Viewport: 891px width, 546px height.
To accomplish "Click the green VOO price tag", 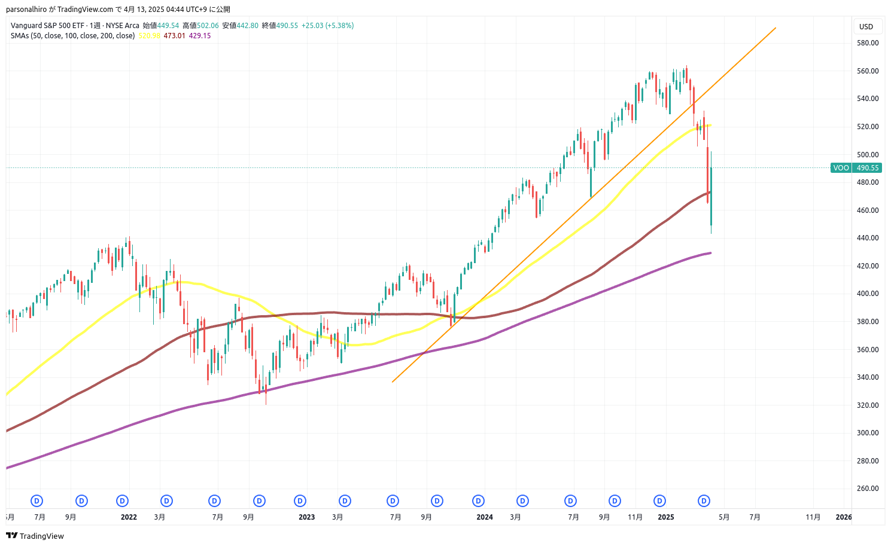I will (x=841, y=168).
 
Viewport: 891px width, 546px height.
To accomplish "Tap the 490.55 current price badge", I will (x=867, y=168).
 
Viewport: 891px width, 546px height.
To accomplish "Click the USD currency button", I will (x=866, y=26).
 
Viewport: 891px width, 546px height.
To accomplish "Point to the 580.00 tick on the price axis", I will (x=867, y=43).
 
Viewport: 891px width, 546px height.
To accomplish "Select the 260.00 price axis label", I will (x=867, y=489).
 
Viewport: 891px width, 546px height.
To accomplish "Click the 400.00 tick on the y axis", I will (x=867, y=294).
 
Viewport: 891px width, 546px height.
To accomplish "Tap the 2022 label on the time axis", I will (x=129, y=517).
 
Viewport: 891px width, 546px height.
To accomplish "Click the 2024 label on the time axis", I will (x=485, y=517).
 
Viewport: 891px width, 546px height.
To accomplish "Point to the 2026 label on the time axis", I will (x=844, y=517).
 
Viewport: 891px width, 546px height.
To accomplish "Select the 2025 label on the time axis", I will (x=665, y=517).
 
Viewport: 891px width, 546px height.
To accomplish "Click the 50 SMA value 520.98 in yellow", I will (x=149, y=36).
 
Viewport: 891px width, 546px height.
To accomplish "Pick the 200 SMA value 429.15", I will (x=200, y=36).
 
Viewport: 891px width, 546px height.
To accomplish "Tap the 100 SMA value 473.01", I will (x=174, y=36).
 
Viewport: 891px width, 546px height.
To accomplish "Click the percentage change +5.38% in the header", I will (x=340, y=26).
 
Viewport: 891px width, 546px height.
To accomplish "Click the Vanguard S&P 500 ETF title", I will (x=47, y=26).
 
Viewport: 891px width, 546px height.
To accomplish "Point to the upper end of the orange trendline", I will (x=776, y=28).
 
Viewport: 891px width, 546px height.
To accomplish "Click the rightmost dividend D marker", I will (x=704, y=501).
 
